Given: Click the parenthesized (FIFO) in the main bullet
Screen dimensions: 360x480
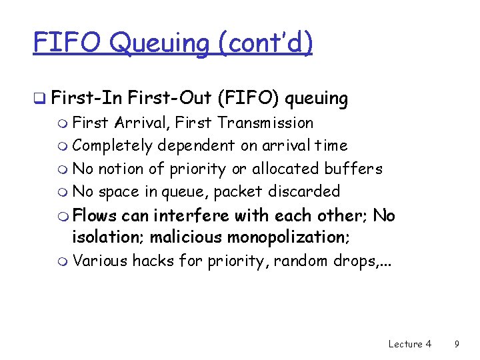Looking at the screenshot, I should [x=247, y=99].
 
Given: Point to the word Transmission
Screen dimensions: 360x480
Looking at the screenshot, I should [x=265, y=123].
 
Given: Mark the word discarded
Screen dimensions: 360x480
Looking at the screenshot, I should [x=304, y=191].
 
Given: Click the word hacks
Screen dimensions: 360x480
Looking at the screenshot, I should [x=153, y=260].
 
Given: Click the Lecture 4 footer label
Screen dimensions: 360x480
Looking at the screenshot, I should [x=409, y=344].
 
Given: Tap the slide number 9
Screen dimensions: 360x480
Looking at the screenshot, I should [x=457, y=344].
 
